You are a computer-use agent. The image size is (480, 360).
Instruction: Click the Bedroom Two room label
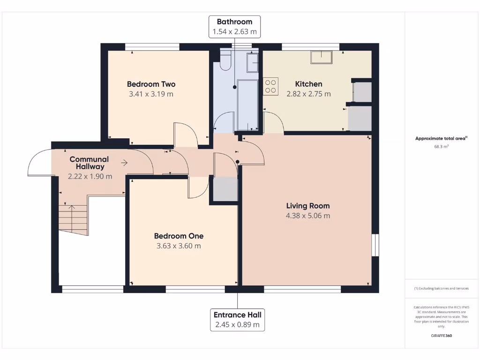(151, 84)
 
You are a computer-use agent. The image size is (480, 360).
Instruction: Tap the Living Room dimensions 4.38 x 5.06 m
(308, 216)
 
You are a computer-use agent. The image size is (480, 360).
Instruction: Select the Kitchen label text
(308, 84)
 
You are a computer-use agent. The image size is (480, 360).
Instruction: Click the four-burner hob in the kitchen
(271, 85)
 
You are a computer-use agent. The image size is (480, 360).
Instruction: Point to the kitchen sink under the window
(322, 57)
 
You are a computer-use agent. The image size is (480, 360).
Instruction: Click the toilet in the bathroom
(225, 61)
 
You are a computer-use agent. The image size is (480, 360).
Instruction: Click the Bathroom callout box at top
(234, 27)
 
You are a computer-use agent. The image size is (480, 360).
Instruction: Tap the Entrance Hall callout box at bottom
(237, 319)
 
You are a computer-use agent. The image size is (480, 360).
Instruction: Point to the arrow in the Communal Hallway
(124, 163)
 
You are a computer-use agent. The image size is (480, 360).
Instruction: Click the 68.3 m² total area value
(441, 146)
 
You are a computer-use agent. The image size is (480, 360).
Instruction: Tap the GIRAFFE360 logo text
(441, 336)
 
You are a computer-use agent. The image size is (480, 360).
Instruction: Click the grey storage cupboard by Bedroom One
(225, 189)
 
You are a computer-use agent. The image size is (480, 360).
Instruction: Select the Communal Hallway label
(89, 163)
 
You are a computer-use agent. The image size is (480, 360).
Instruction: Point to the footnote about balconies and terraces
(441, 288)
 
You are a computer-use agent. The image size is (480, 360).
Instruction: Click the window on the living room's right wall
(375, 245)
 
